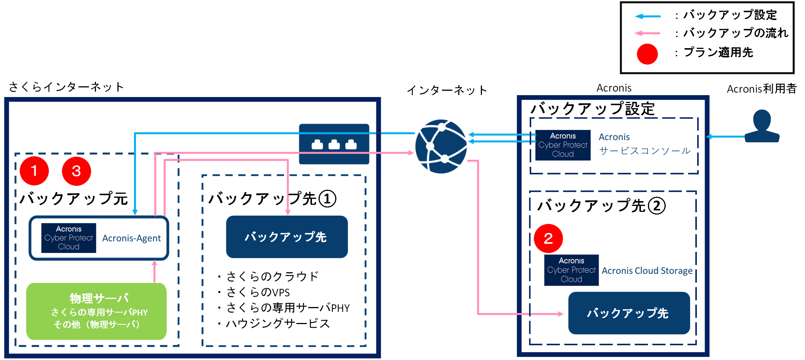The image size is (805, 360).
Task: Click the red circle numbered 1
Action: tap(34, 171)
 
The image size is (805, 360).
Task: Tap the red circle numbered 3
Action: tap(76, 171)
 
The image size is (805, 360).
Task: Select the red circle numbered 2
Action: tap(548, 238)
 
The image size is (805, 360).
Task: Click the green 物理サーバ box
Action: tap(96, 311)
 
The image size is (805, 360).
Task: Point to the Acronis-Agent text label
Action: tap(132, 238)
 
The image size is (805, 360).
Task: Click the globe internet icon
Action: tap(441, 146)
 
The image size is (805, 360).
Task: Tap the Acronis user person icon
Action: tap(762, 126)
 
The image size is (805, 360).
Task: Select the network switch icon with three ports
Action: tap(334, 144)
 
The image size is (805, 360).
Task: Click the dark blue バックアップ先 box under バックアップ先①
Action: tap(287, 237)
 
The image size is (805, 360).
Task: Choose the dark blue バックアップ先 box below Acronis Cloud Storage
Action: tap(629, 313)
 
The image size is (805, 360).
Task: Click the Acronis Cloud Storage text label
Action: tap(647, 271)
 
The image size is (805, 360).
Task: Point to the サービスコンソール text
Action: tap(645, 151)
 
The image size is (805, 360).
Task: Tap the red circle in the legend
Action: tap(647, 54)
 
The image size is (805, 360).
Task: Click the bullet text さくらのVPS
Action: tap(258, 292)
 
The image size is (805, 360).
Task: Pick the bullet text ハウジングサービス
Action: tap(277, 323)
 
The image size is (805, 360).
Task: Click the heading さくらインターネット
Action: tap(66, 87)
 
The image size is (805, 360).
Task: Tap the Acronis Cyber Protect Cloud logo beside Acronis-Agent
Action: tap(69, 238)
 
